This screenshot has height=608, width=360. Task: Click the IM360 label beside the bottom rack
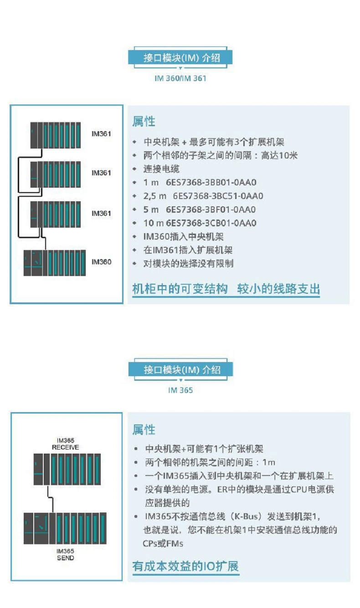coord(101,262)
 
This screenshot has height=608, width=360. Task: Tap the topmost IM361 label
coord(101,134)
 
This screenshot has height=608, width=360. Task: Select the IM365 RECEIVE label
coord(65,444)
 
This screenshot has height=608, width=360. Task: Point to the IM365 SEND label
coord(65,554)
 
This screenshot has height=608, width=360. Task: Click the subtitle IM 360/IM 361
coord(180,78)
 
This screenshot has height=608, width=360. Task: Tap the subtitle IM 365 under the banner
coord(180,390)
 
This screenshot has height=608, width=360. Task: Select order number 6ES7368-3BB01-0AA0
coord(211,183)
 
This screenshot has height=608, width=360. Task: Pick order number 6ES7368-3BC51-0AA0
coord(218,196)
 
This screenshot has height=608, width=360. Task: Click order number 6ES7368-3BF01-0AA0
coord(211,210)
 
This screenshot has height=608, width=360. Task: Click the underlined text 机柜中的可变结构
coord(180,289)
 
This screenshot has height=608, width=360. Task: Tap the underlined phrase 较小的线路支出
coord(278,289)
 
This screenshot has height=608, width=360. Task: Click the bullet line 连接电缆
coord(161,169)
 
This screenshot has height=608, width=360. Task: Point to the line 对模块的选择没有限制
coord(188,264)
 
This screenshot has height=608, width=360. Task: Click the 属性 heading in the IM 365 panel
coord(144,429)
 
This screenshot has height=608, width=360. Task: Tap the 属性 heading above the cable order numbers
coord(144,122)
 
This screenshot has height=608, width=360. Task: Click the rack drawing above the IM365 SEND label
coord(65,528)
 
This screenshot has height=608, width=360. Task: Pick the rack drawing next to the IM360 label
coord(55,263)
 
